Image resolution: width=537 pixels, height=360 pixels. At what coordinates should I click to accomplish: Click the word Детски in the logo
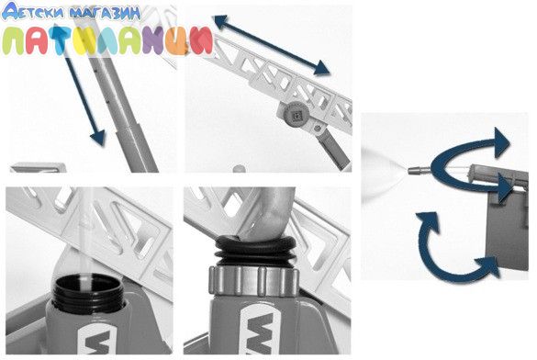tap(33, 11)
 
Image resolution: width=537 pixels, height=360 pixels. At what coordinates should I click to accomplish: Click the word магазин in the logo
tap(105, 13)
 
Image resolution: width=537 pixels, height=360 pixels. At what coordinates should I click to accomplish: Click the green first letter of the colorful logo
tap(14, 41)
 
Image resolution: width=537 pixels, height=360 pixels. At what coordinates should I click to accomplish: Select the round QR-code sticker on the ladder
tap(296, 113)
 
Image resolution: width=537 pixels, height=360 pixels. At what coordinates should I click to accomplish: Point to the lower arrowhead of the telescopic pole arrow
tap(98, 138)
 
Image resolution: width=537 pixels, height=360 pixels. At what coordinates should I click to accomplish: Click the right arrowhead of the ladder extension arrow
tap(321, 68)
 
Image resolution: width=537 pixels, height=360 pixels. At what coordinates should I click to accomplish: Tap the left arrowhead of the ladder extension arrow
tap(221, 21)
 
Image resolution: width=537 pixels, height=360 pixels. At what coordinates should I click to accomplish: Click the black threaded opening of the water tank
tap(87, 290)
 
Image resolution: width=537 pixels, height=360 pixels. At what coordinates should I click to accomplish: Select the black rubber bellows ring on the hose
tap(255, 250)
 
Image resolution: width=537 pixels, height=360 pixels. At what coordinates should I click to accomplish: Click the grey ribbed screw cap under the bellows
tap(253, 281)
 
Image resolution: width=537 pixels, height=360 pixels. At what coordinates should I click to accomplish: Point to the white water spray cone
tap(384, 171)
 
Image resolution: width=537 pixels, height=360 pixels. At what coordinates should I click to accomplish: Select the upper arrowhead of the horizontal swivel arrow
tap(502, 138)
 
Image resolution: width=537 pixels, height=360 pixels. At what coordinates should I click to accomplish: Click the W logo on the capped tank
tap(261, 332)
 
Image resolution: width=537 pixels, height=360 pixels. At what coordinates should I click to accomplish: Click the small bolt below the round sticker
tap(319, 129)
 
